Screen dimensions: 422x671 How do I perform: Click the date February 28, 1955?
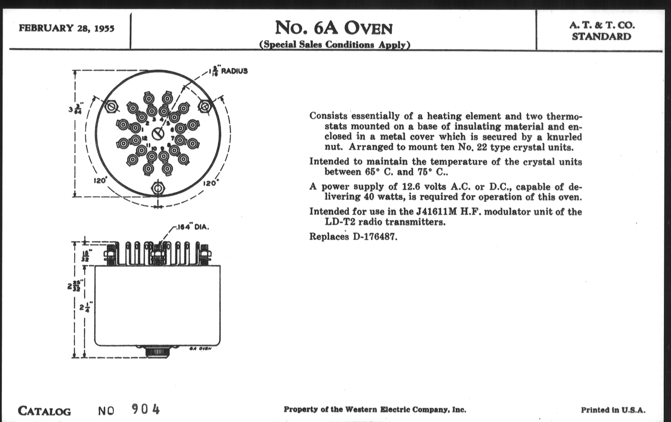[66, 28]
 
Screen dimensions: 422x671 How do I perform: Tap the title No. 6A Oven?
[334, 28]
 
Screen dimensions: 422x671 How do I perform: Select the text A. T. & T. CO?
[602, 25]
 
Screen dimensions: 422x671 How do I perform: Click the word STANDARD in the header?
[602, 36]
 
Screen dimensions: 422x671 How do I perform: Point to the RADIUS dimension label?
[234, 71]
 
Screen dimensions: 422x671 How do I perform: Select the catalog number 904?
[145, 409]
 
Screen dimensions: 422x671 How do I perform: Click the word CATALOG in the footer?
[44, 411]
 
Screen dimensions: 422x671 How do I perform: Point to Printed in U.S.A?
[613, 410]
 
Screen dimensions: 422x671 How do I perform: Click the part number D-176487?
[375, 237]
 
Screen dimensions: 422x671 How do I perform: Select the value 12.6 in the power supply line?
[411, 186]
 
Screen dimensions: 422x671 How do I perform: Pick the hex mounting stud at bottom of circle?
[158, 188]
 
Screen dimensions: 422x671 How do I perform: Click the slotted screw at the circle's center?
[158, 134]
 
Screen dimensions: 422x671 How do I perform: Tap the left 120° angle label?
[100, 180]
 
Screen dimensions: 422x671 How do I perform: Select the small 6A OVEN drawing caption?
[200, 348]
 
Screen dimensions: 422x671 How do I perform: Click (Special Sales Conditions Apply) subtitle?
[335, 45]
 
